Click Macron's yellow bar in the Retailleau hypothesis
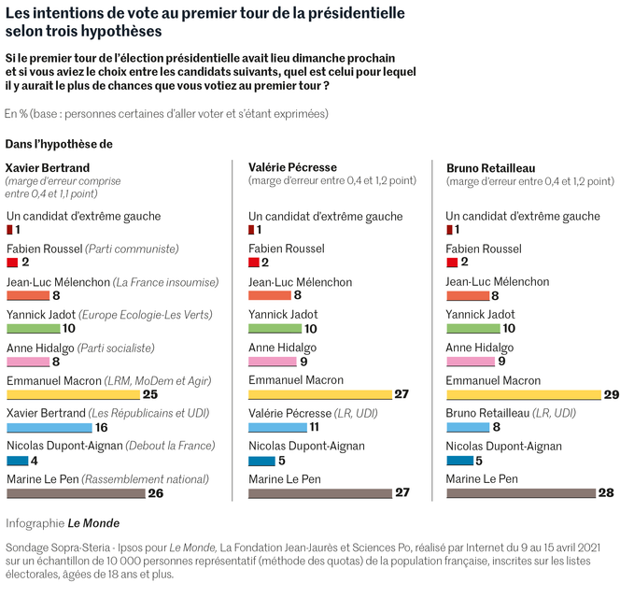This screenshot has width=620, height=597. click(x=523, y=394)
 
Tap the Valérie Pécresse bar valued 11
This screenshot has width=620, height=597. click(x=277, y=427)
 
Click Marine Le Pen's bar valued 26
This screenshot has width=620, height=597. click(x=76, y=492)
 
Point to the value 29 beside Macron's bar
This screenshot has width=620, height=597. click(x=611, y=394)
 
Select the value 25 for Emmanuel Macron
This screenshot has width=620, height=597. click(x=150, y=394)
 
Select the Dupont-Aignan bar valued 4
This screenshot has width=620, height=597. click(x=17, y=460)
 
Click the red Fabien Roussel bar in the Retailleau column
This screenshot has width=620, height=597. click(x=452, y=263)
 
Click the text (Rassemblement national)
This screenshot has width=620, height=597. click(x=143, y=479)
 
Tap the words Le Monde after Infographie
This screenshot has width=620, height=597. click(x=100, y=523)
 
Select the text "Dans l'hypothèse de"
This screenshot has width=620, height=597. click(x=59, y=144)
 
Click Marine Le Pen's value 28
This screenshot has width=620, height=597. click(x=607, y=492)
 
